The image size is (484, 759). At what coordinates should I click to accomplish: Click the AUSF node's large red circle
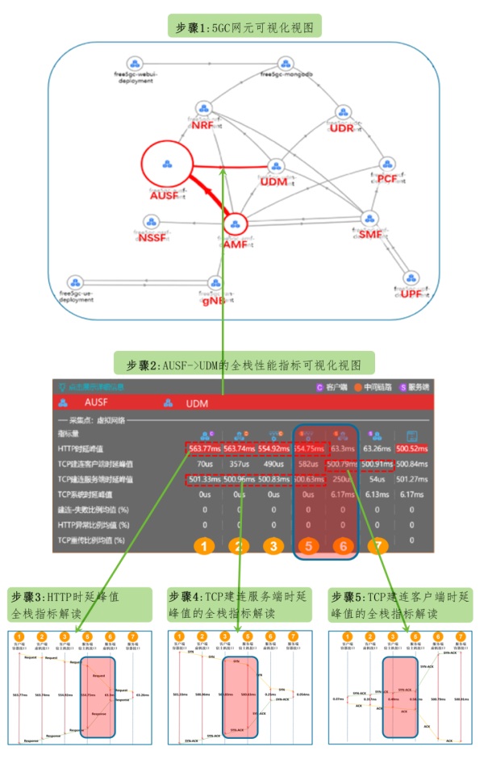click(x=167, y=165)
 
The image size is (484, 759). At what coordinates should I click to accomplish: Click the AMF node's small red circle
click(x=235, y=225)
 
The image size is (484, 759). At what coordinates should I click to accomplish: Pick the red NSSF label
click(x=151, y=240)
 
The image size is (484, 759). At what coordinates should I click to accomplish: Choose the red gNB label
click(x=215, y=299)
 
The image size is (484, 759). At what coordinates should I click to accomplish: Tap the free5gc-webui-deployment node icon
click(x=136, y=63)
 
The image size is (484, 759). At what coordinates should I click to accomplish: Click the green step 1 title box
click(x=244, y=27)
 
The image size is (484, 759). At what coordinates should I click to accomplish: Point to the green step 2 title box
click(x=244, y=362)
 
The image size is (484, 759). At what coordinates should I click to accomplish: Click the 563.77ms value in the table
click(x=205, y=448)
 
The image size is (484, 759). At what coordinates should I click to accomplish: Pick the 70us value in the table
click(x=205, y=464)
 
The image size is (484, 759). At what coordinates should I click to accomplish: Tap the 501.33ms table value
click(x=205, y=480)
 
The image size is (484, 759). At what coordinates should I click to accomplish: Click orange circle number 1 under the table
click(x=205, y=547)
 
